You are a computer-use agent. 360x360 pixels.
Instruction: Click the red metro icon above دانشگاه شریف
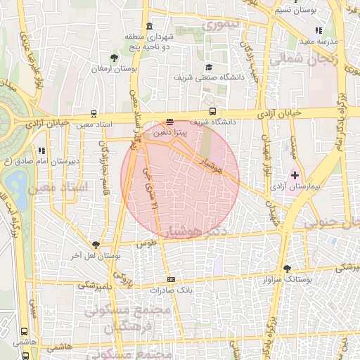point(169,121)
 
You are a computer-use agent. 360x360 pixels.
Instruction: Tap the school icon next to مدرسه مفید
point(319,30)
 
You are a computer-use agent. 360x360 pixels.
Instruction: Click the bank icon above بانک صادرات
point(171,280)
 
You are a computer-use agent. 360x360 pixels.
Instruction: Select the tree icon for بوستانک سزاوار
point(287,268)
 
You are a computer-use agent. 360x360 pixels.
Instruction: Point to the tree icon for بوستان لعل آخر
point(96,245)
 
